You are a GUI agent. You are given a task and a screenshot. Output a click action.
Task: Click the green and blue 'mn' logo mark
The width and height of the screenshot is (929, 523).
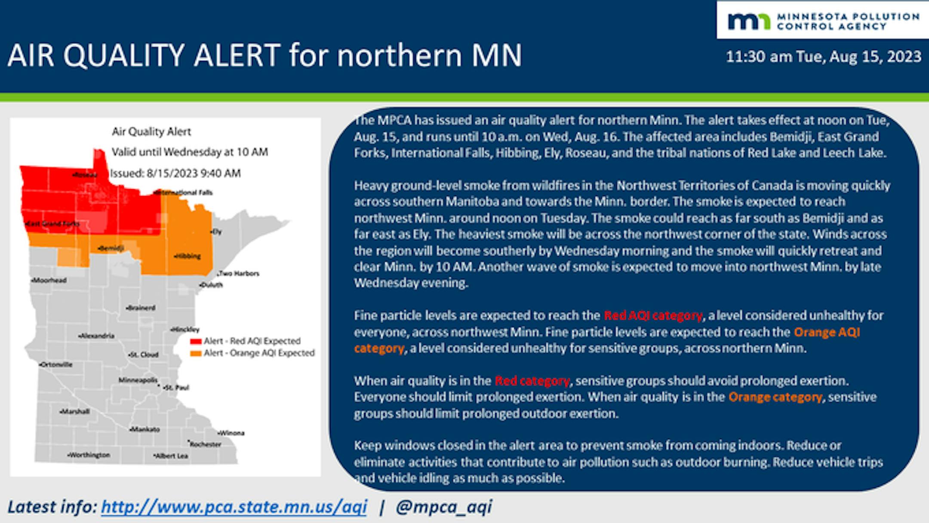tap(749, 21)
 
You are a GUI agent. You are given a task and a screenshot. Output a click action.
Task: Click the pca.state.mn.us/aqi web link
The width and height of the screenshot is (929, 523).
tap(234, 507)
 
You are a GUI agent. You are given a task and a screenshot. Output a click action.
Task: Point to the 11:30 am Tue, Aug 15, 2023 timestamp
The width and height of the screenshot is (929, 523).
tap(824, 57)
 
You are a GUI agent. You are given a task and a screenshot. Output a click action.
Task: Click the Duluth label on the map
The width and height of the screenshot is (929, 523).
tap(211, 284)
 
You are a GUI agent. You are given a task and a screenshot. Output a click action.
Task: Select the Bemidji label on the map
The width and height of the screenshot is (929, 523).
tap(111, 248)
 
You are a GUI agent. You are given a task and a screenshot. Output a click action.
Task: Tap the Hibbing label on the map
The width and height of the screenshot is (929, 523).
tap(188, 256)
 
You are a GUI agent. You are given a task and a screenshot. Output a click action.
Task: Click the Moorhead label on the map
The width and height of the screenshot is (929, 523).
tap(49, 280)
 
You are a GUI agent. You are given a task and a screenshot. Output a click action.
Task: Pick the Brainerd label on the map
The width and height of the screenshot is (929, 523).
tap(141, 308)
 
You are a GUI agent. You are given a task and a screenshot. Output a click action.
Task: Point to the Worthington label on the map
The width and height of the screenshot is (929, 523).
tap(89, 455)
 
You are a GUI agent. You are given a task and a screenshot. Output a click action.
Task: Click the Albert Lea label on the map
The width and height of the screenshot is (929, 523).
tap(171, 456)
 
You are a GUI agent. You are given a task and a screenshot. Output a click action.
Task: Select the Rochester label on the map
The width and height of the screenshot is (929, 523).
tap(205, 444)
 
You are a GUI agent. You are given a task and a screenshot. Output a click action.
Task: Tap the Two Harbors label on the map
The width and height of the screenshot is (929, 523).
tap(239, 273)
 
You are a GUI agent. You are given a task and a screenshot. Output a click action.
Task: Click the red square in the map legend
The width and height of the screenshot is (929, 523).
tap(196, 342)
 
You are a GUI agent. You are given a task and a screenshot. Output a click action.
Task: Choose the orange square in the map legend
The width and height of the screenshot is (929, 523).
tap(196, 354)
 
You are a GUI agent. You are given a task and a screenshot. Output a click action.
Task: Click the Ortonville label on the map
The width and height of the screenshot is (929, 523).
tap(56, 364)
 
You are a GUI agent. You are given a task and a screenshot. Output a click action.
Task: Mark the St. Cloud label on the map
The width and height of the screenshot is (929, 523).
tap(144, 355)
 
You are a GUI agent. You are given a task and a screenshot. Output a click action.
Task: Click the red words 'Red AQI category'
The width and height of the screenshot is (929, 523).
tap(653, 316)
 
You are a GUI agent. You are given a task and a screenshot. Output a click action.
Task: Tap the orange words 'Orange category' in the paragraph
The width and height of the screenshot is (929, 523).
tap(775, 397)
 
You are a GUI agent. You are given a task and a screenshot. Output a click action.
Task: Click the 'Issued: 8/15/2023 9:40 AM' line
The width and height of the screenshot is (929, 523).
tap(175, 173)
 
